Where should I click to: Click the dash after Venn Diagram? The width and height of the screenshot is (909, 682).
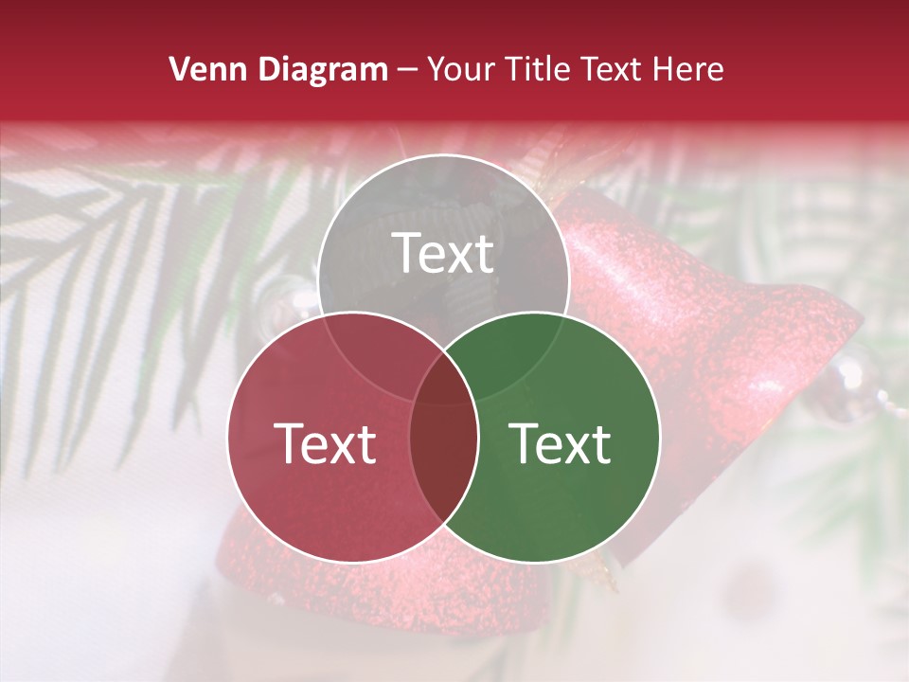(407, 70)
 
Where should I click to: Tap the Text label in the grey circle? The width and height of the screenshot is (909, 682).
(443, 253)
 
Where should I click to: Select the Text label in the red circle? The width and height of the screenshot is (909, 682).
(325, 443)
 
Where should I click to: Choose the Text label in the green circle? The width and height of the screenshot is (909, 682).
(560, 443)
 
